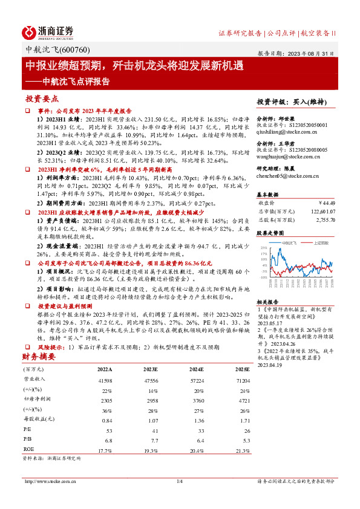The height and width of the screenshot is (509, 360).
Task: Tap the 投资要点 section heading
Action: pyautogui.click(x=42, y=99)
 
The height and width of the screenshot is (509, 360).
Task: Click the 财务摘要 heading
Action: pyautogui.click(x=39, y=358)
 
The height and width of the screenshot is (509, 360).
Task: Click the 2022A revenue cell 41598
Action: pyautogui.click(x=104, y=380)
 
